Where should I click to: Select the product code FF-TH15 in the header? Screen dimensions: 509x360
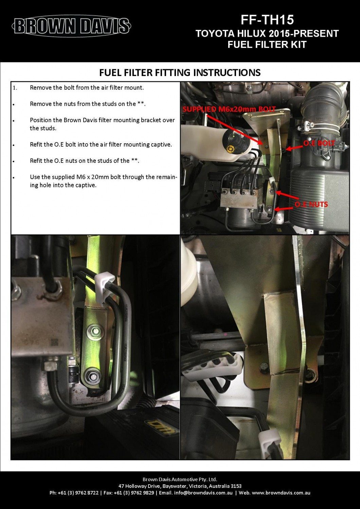pyautogui.click(x=267, y=20)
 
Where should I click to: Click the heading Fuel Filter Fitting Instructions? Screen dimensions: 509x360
pyautogui.click(x=180, y=73)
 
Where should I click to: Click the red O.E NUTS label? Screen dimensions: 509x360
pyautogui.click(x=311, y=204)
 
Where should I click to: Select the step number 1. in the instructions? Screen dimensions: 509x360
pyautogui.click(x=15, y=88)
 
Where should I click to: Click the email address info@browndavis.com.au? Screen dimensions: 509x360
pyautogui.click(x=208, y=493)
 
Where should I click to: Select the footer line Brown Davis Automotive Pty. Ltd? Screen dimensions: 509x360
pyautogui.click(x=180, y=479)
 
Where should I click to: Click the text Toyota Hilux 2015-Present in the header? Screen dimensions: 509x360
pyautogui.click(x=267, y=33)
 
